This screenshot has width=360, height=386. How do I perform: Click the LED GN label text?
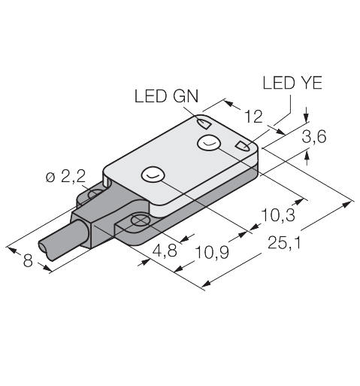coord(166,96)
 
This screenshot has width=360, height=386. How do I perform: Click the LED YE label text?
coord(292,83)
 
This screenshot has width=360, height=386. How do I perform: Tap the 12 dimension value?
coord(253,116)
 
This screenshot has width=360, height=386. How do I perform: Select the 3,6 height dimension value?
coord(314,137)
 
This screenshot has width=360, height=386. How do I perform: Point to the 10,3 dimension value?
coord(278,215)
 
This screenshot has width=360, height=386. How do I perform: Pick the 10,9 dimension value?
coord(212,252)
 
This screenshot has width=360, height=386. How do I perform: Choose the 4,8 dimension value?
coord(165,251)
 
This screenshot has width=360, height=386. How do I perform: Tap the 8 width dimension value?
coord(28,260)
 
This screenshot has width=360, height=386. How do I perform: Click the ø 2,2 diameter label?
coord(65,178)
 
